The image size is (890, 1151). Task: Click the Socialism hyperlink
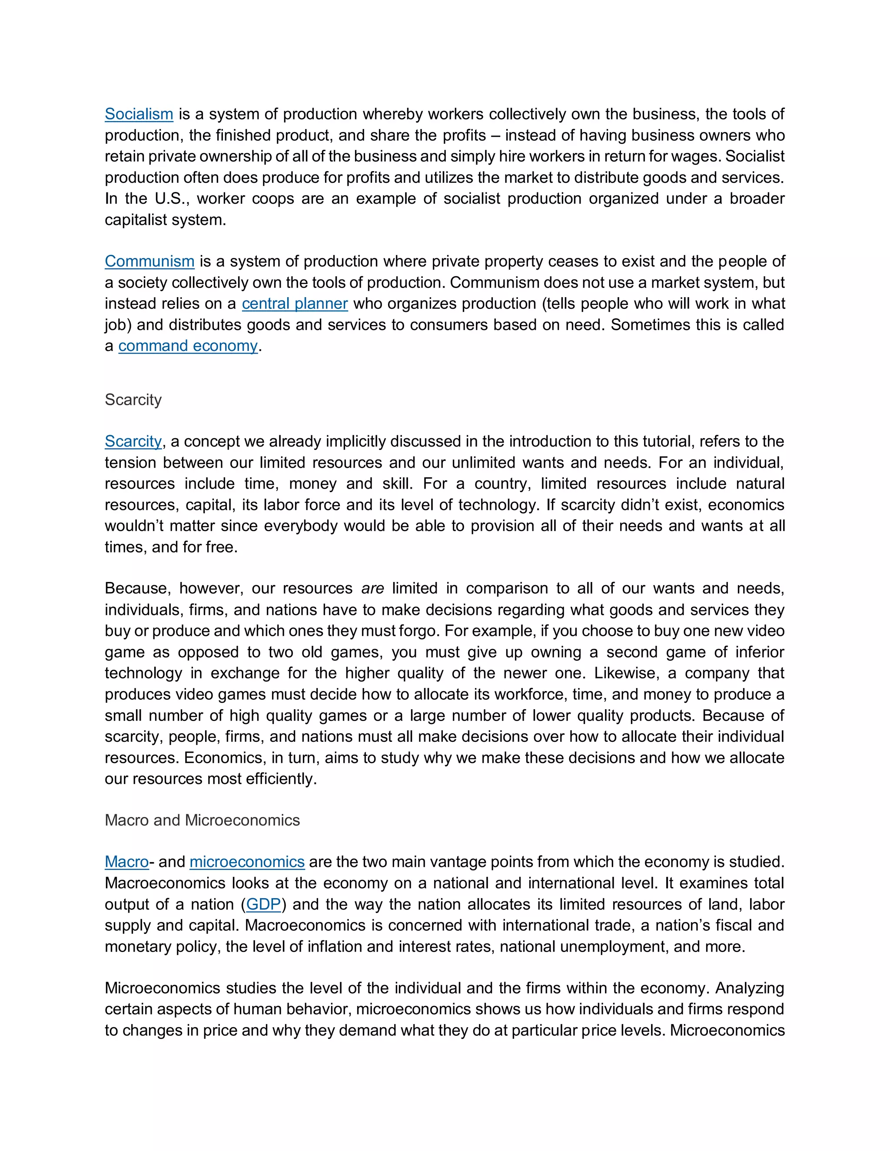tap(139, 114)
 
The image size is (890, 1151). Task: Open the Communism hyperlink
tap(149, 261)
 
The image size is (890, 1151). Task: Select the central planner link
tap(295, 304)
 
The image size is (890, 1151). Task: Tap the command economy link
tap(188, 346)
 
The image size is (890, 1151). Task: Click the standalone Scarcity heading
tap(133, 400)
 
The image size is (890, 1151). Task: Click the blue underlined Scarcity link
tap(133, 441)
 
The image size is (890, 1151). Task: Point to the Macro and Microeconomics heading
tap(202, 820)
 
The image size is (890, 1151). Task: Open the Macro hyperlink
tap(126, 862)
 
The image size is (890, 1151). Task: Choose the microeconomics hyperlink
tap(247, 862)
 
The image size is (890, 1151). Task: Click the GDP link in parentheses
tap(264, 904)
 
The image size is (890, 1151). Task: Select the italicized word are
tap(372, 589)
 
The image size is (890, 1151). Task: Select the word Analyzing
tap(749, 988)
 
